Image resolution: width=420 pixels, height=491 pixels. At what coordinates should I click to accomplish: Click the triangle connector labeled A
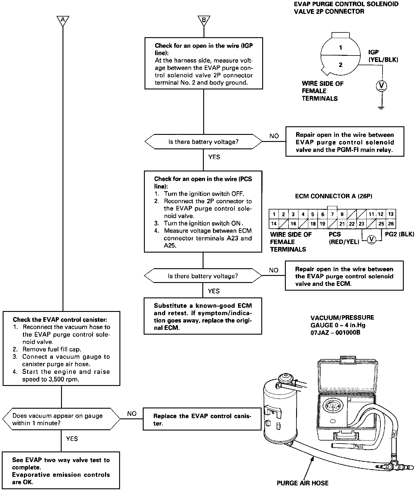63,20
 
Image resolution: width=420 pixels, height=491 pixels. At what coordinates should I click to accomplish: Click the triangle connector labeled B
204,20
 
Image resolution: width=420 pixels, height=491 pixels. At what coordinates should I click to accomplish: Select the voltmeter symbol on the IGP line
382,86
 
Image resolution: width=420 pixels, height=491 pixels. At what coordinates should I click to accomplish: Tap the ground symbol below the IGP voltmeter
382,108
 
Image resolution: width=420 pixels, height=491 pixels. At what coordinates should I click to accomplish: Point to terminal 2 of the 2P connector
341,65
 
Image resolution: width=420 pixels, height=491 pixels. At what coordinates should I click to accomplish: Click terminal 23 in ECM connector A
362,224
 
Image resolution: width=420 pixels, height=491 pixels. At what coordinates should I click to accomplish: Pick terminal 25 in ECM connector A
381,224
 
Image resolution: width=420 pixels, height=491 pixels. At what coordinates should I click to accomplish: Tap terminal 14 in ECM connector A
274,224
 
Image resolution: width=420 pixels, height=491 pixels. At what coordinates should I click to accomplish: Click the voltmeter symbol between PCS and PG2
372,239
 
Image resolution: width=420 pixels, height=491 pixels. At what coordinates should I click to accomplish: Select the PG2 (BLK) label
400,234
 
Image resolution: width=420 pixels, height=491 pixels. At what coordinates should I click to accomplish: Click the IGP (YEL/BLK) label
383,56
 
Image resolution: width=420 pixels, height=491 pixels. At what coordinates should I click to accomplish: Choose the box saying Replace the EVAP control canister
202,419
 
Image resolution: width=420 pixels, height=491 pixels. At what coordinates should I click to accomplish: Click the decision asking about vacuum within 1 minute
61,419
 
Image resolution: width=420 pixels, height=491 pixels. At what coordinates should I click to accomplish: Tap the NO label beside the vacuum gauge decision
132,414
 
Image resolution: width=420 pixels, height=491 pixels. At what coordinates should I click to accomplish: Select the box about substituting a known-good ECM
203,317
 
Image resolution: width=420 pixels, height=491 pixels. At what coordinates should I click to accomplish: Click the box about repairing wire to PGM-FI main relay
345,142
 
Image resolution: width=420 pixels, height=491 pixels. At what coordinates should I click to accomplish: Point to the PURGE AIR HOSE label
302,483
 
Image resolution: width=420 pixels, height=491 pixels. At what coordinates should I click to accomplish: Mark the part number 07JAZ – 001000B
335,333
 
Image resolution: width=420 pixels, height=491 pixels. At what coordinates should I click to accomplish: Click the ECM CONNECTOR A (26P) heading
334,196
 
